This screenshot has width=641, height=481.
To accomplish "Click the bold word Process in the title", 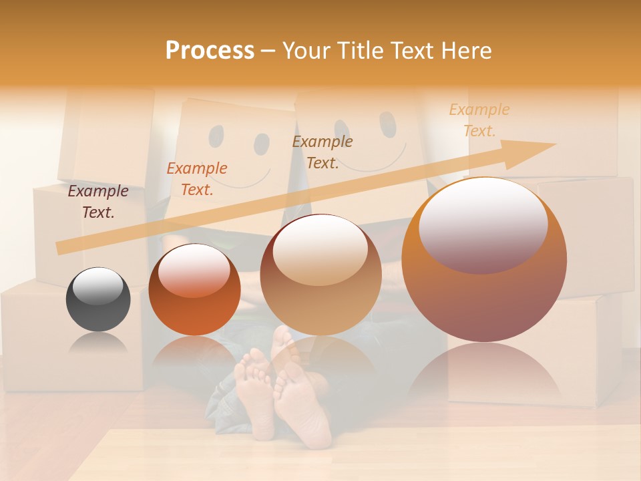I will coord(210,51).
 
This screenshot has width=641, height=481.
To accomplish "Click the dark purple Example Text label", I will coord(98,201).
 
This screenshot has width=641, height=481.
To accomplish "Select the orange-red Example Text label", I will coord(197,178).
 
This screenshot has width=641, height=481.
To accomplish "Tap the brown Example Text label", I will coord(323,152).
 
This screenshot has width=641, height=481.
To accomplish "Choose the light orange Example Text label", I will coord(479,120).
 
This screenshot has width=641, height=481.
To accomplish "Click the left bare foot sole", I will coord(255,391).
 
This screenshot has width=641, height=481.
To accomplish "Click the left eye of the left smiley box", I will coord(216,136).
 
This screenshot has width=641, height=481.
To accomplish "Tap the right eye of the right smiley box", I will coord(387,124).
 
